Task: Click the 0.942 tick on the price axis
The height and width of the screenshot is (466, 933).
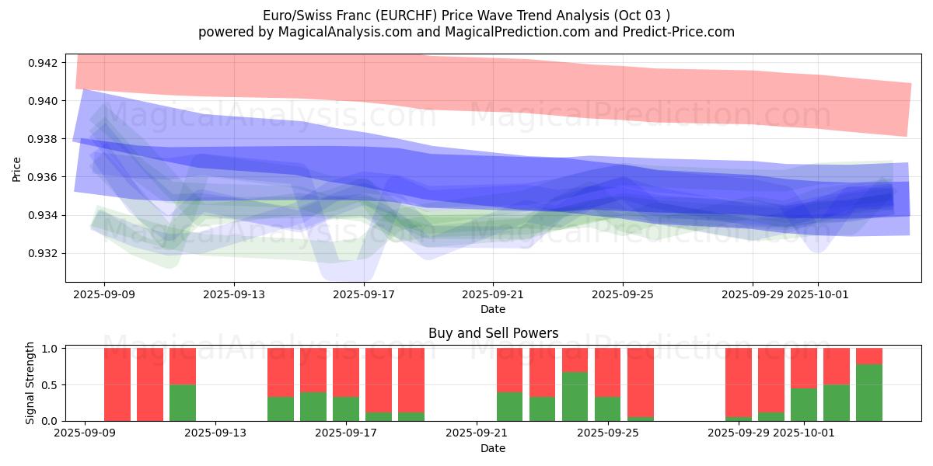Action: pos(44,62)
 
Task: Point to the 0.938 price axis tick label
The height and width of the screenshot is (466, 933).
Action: pos(44,139)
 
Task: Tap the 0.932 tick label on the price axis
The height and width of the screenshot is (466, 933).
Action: pos(44,253)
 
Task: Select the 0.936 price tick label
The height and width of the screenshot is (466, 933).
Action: pos(44,177)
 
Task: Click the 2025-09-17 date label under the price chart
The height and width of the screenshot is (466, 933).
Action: pos(363,295)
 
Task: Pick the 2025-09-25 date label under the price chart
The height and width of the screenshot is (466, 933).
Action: pos(622,295)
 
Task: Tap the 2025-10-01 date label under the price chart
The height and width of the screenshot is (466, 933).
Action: pos(817,295)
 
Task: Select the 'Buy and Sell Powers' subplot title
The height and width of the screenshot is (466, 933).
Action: pos(493,333)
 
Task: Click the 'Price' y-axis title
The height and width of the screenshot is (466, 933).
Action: pos(17,169)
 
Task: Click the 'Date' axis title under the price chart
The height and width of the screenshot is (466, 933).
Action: pos(493,309)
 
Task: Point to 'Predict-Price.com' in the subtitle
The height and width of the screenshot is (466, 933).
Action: pos(676,32)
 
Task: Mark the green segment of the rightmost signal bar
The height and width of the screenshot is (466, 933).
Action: pos(869,392)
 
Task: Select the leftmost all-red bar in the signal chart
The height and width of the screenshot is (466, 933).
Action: pos(117,384)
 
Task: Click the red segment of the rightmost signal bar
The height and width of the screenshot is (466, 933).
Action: pos(869,356)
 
